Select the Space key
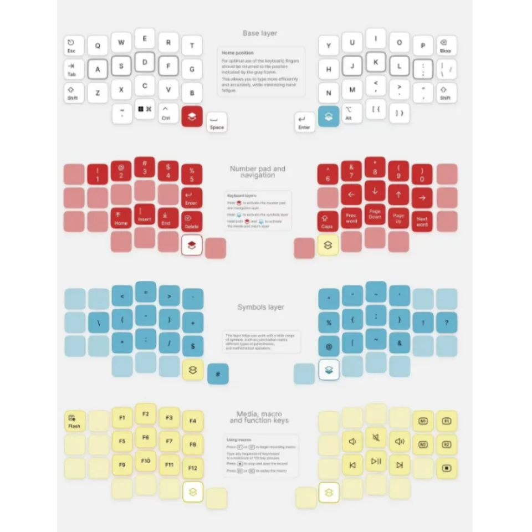click(217, 122)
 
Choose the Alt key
click(351, 113)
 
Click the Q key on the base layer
click(98, 46)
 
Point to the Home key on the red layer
click(121, 218)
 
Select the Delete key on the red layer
click(192, 221)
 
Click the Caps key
click(328, 221)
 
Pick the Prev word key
click(351, 218)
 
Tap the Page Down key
click(375, 214)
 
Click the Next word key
click(422, 221)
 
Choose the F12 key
click(192, 468)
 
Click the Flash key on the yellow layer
click(74, 422)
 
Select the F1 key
click(122, 417)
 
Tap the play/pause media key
click(376, 461)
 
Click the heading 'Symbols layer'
click(260, 307)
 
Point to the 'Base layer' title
click(260, 33)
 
